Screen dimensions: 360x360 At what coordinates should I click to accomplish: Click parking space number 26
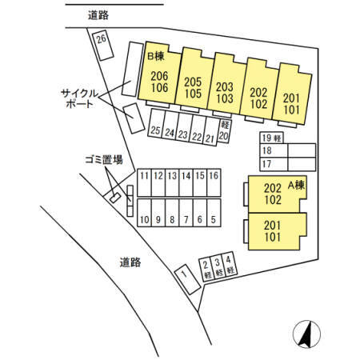pyautogui.click(x=102, y=46)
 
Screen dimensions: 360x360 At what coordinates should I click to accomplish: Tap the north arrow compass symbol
pyautogui.click(x=306, y=334)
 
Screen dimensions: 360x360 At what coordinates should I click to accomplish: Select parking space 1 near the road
pyautogui.click(x=187, y=279)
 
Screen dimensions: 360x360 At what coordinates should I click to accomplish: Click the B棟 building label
pyautogui.click(x=156, y=56)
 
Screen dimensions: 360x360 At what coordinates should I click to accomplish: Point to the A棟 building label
pyautogui.click(x=296, y=186)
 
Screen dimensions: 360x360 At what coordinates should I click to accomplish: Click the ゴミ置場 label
pyautogui.click(x=104, y=160)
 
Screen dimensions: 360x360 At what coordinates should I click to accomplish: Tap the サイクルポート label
pyautogui.click(x=79, y=98)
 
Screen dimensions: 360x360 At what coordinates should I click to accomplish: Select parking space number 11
pyautogui.click(x=144, y=182)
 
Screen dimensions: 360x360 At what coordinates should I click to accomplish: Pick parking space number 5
pyautogui.click(x=214, y=213)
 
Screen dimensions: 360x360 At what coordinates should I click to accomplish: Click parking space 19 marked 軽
pyautogui.click(x=272, y=138)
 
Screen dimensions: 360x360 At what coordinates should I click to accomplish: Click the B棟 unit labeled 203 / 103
pyautogui.click(x=226, y=84)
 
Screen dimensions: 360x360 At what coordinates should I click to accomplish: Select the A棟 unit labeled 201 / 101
pyautogui.click(x=278, y=231)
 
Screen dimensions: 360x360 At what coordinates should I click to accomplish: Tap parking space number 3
pyautogui.click(x=218, y=267)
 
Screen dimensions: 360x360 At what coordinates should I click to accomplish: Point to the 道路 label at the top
pyautogui.click(x=98, y=15)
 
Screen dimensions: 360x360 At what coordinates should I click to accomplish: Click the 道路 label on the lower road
pyautogui.click(x=130, y=262)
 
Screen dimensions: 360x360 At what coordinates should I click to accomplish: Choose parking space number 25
pyautogui.click(x=156, y=123)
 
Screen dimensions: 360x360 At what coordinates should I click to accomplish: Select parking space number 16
pyautogui.click(x=214, y=182)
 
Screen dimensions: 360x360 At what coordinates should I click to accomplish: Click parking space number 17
pyautogui.click(x=274, y=164)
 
